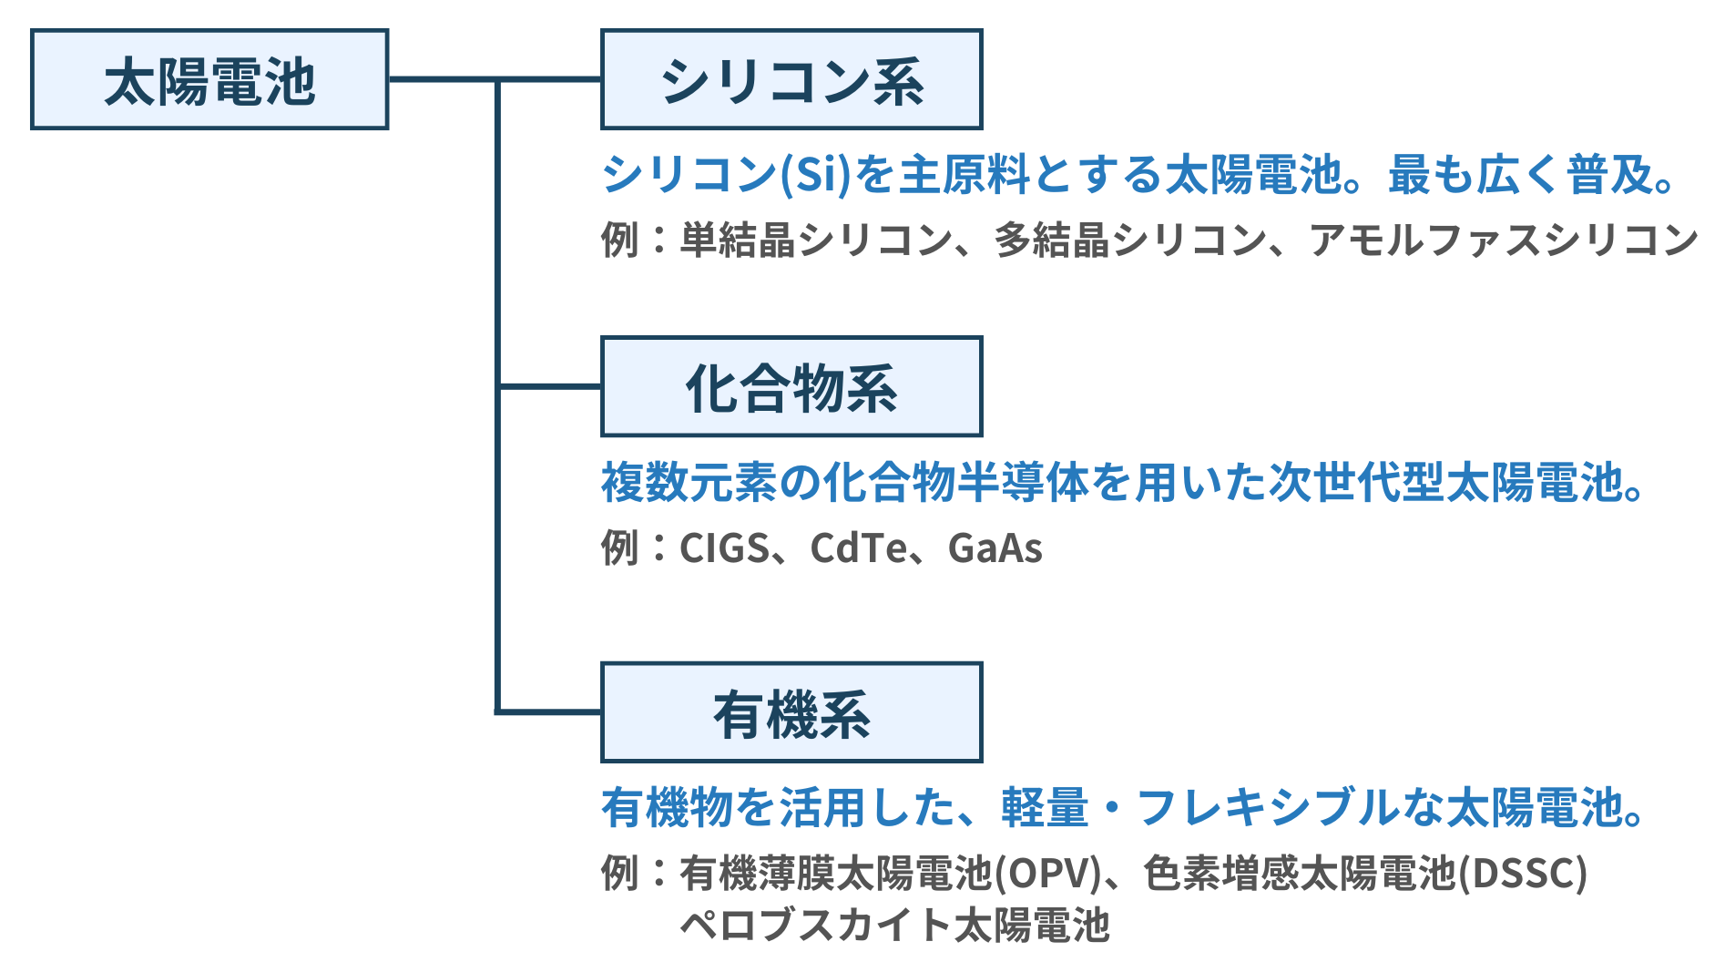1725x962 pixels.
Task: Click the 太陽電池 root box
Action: click(x=209, y=79)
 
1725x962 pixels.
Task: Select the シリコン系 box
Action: click(x=791, y=79)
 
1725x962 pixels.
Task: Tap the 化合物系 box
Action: click(x=791, y=386)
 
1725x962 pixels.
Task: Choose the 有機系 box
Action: click(x=791, y=712)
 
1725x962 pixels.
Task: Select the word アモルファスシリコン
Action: click(x=1504, y=240)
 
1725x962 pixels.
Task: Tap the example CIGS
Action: click(x=725, y=548)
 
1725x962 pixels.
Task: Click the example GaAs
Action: click(x=995, y=548)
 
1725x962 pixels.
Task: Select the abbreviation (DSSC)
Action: click(x=1523, y=874)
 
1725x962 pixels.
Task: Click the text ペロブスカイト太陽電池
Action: click(x=894, y=926)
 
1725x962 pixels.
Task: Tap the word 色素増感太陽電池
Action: click(x=1301, y=874)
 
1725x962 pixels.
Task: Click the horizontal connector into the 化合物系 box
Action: click(x=549, y=386)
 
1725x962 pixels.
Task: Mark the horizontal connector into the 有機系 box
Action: click(x=549, y=711)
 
